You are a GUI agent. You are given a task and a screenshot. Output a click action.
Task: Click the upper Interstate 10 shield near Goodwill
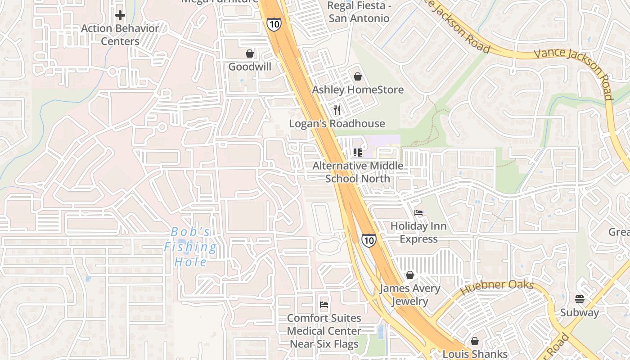[274, 24]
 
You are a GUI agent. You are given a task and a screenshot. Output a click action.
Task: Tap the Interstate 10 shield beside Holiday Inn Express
[369, 240]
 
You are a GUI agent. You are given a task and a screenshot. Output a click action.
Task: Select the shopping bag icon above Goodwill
[250, 54]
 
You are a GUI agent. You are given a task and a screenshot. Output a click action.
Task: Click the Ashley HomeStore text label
[358, 90]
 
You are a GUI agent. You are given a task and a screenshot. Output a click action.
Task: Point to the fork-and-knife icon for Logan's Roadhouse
[337, 110]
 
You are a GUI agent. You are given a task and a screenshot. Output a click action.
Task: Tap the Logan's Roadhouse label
[337, 124]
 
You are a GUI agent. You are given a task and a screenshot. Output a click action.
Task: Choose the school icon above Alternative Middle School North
[358, 153]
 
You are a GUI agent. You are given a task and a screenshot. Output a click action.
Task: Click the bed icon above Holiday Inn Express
[418, 212]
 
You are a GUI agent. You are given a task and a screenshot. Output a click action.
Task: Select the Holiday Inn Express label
[418, 232]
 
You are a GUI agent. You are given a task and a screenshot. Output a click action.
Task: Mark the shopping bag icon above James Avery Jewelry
[410, 275]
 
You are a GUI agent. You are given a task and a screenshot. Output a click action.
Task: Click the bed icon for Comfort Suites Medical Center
[324, 305]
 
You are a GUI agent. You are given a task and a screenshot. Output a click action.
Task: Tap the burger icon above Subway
[580, 299]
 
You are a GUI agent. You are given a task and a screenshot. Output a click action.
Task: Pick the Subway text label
[580, 313]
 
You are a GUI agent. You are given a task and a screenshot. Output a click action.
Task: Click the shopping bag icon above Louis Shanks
[475, 341]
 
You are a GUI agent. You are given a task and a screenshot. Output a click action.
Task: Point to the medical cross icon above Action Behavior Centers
[120, 15]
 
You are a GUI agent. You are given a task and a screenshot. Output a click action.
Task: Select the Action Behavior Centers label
[120, 35]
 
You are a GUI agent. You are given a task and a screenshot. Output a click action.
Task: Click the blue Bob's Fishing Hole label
[190, 247]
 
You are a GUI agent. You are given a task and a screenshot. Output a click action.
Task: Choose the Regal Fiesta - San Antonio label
[358, 12]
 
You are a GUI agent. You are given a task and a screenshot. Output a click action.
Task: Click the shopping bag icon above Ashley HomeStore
[358, 76]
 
